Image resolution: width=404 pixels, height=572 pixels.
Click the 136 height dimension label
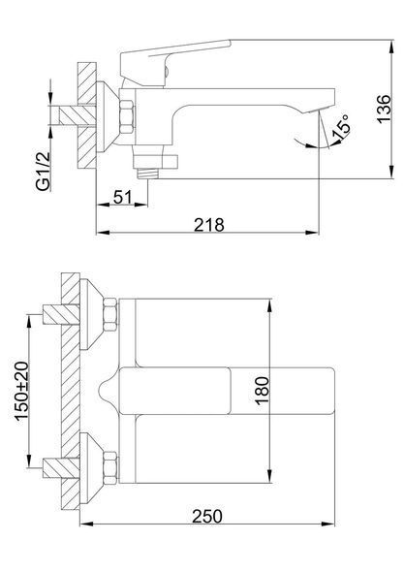[x=384, y=110]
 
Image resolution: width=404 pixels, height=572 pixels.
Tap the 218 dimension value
[x=209, y=225]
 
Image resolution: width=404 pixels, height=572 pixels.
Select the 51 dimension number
[x=122, y=198]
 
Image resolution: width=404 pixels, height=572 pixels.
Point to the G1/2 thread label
[x=43, y=172]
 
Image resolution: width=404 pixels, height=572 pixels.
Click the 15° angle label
[x=341, y=128]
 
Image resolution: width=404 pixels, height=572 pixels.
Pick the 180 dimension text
[x=263, y=391]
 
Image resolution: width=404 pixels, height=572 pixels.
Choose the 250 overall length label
[x=207, y=517]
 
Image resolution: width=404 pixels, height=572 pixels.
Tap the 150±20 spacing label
[x=21, y=391]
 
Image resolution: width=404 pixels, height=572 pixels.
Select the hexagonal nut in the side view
[x=127, y=116]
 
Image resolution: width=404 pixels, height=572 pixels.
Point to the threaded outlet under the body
[x=147, y=174]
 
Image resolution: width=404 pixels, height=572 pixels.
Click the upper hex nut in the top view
[x=110, y=314]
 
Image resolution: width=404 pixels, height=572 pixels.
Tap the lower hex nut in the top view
[x=110, y=468]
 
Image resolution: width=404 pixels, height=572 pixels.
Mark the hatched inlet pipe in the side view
[x=77, y=116]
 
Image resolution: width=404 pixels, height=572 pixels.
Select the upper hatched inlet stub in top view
[x=61, y=314]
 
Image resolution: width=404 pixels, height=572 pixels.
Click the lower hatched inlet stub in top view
[x=61, y=468]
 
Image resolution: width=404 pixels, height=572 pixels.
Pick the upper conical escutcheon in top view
[x=92, y=314]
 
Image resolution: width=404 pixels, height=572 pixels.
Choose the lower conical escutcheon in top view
[x=92, y=468]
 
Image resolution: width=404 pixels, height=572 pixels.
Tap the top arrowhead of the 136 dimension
[x=392, y=46]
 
